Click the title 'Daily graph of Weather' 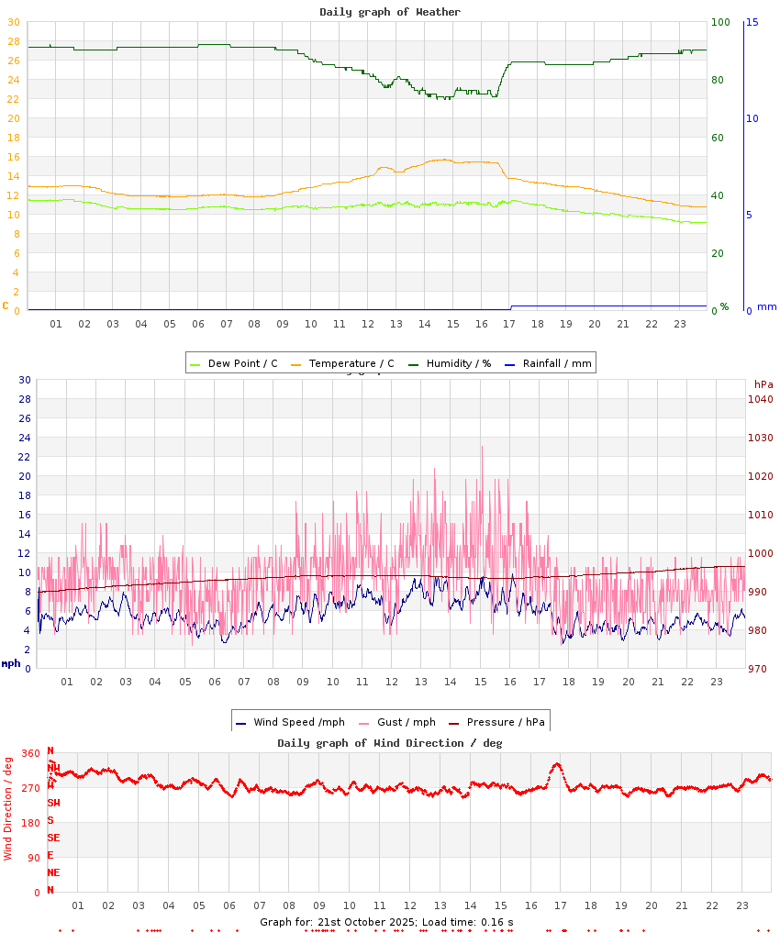(x=390, y=12)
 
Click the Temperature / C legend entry (x=343, y=364)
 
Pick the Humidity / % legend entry (x=450, y=364)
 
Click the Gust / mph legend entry (x=398, y=723)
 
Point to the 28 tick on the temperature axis (x=13, y=41)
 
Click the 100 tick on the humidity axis (x=720, y=22)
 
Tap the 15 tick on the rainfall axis (x=752, y=22)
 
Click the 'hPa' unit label (x=763, y=384)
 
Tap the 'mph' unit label (x=11, y=663)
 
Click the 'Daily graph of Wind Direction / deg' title (x=390, y=743)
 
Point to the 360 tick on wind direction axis (x=30, y=753)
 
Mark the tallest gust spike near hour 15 (x=482, y=448)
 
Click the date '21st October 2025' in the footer (x=367, y=922)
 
